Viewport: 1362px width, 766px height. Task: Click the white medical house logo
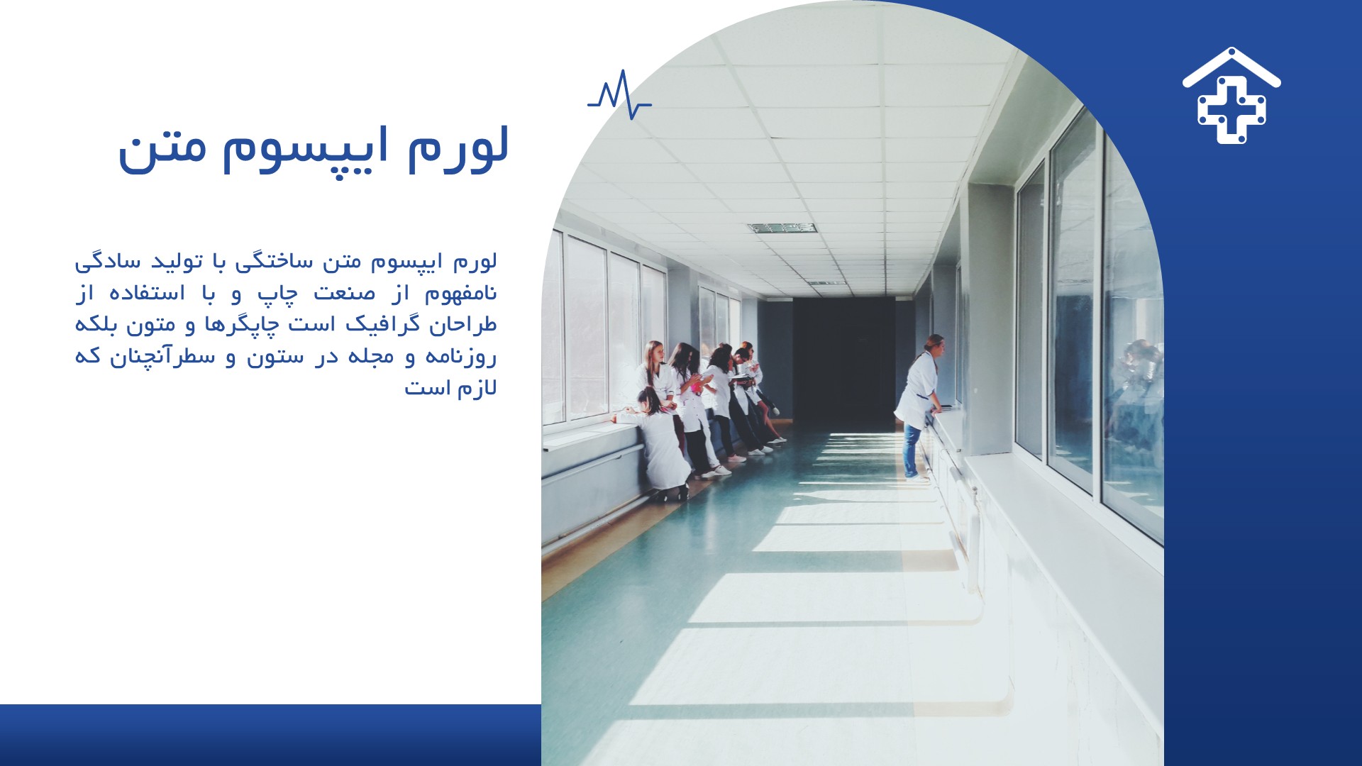[x=1231, y=96]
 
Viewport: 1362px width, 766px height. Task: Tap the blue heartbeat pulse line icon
[x=619, y=94]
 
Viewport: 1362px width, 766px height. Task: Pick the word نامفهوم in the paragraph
[x=460, y=293]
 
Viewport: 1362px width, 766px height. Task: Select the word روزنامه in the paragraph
[x=461, y=356]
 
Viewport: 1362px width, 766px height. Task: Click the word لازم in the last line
[x=476, y=388]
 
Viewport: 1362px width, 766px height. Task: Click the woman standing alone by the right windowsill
[x=919, y=407]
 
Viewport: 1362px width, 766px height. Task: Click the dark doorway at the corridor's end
[x=843, y=358]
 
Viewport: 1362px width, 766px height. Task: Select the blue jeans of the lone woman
[x=912, y=451]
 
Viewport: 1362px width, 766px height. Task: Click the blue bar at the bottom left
[x=270, y=735]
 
